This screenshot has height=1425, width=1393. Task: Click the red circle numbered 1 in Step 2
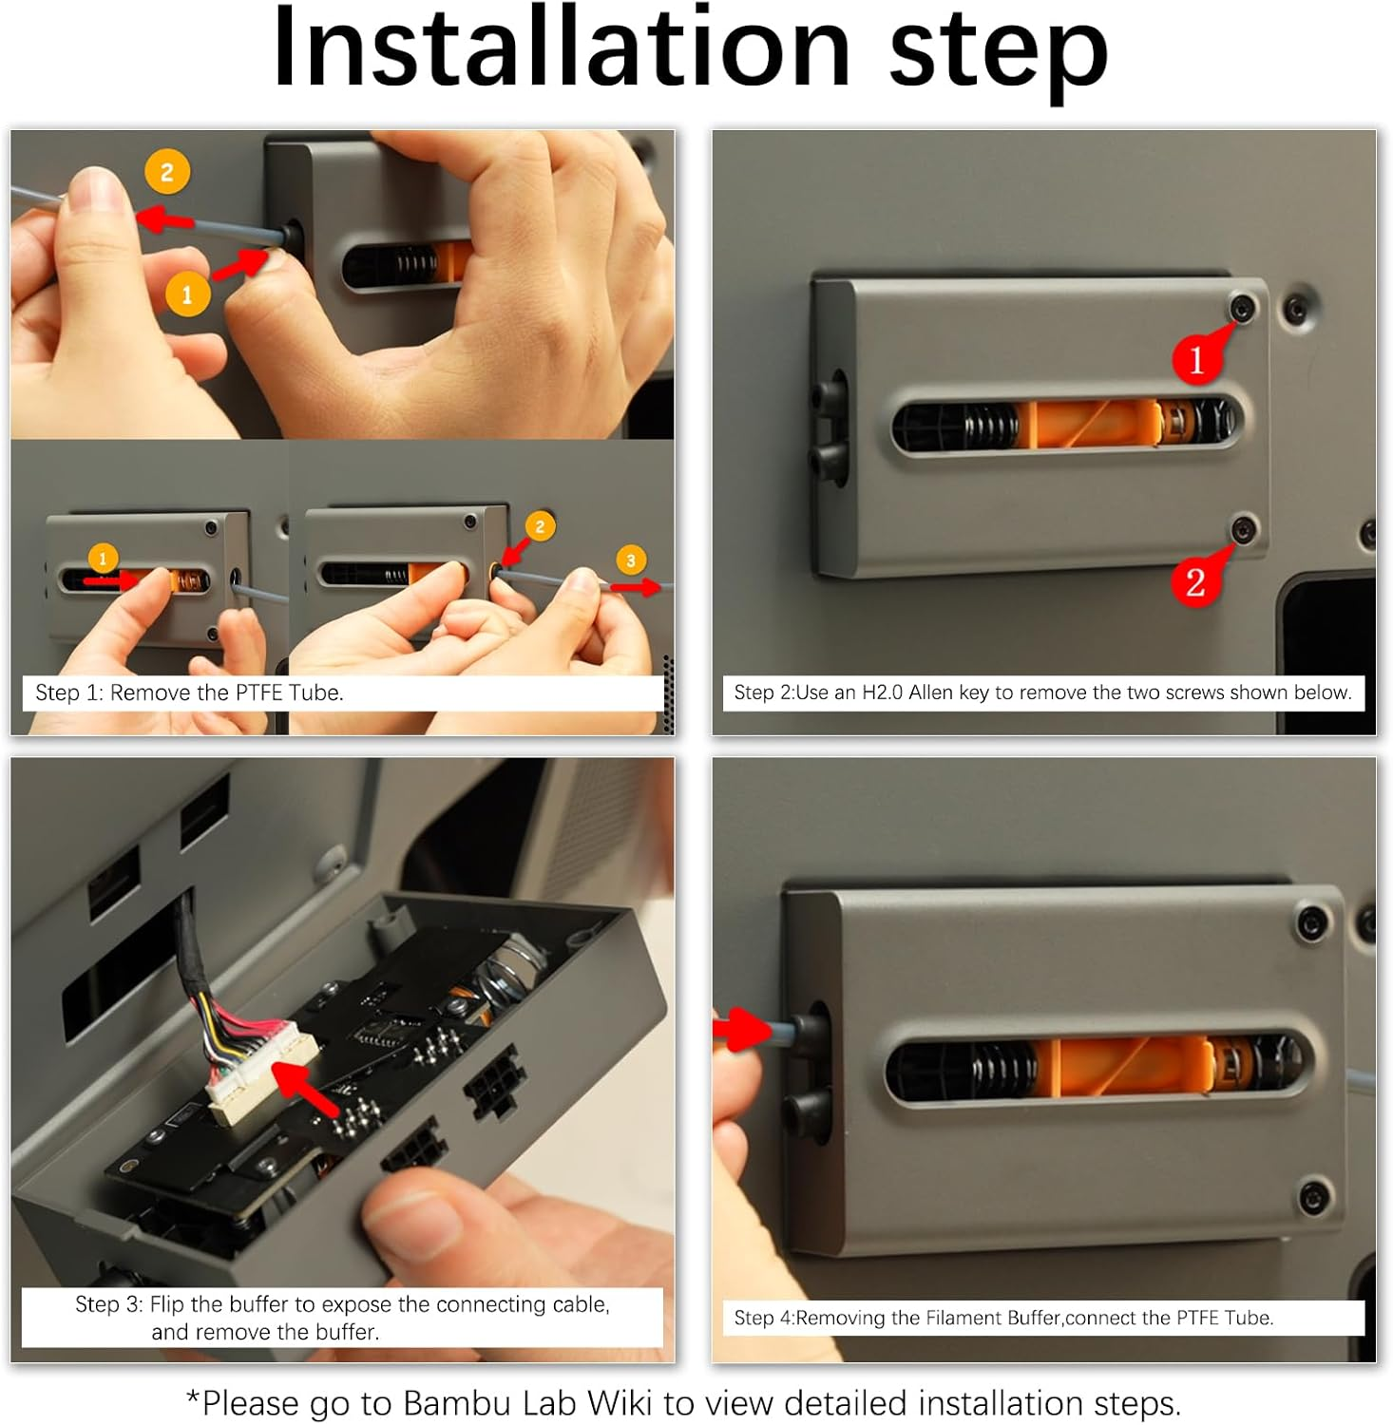pyautogui.click(x=1196, y=360)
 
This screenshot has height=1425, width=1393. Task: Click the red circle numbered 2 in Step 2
pyautogui.click(x=1195, y=581)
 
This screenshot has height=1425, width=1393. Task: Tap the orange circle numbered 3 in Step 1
pyautogui.click(x=631, y=560)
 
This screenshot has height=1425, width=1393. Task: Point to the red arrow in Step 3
pyautogui.click(x=305, y=1089)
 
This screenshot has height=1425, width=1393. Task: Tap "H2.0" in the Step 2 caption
pyautogui.click(x=882, y=693)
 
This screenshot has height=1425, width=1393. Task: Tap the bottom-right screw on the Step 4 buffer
pyautogui.click(x=1313, y=1196)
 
